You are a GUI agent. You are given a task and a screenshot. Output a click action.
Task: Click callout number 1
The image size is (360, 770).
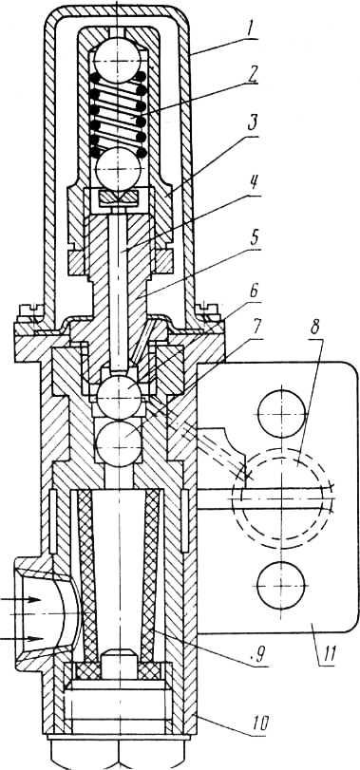(253, 30)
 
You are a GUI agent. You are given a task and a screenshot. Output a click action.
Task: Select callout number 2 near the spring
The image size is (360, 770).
(253, 76)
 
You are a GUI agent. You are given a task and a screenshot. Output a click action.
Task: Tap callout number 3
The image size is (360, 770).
(254, 123)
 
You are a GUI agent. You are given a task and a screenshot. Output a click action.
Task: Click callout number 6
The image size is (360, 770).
(254, 293)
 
